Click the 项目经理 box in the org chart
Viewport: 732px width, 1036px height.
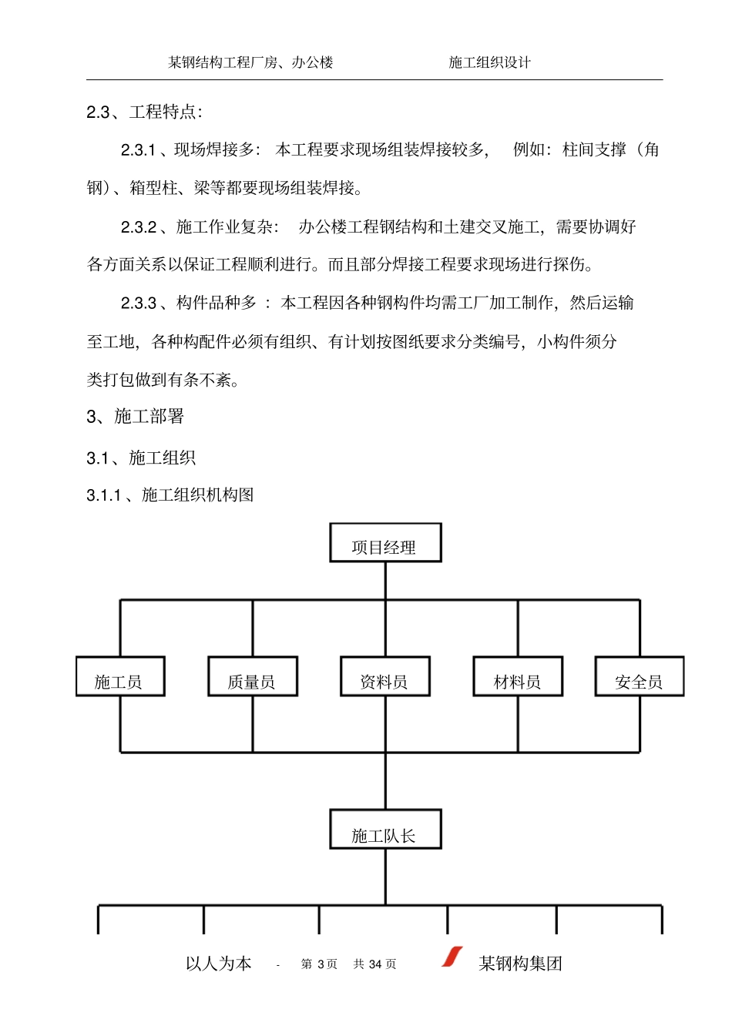385,543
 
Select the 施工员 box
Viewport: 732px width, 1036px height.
120,677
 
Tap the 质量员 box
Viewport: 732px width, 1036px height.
253,677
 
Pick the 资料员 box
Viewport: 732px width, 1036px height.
385,677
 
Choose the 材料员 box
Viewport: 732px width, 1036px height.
518,677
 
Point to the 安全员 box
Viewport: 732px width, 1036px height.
640,677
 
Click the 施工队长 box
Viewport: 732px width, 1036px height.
385,830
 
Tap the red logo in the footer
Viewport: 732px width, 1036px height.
452,957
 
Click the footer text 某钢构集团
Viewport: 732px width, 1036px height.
521,964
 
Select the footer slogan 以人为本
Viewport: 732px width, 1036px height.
219,964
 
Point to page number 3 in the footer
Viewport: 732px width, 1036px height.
321,964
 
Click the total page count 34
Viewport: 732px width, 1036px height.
376,964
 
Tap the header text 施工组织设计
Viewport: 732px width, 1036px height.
490,62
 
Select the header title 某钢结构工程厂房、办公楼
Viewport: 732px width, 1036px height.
251,62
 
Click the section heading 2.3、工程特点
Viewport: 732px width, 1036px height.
145,112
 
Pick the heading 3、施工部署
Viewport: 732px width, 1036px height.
136,417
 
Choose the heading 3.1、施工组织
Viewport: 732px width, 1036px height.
141,458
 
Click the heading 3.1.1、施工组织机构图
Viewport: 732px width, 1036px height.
170,495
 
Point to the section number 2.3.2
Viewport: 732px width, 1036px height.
139,227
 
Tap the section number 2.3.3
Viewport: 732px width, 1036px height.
139,303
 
